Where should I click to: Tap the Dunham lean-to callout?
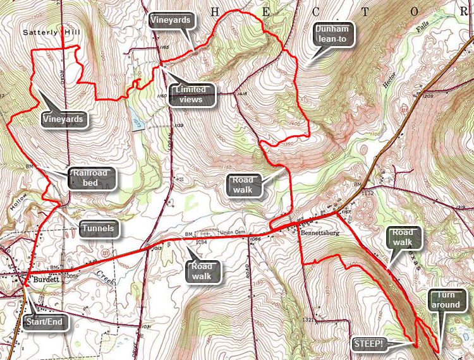pyautogui.click(x=334, y=35)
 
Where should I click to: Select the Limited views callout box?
pyautogui.click(x=193, y=95)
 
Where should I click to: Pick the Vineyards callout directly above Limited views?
pyautogui.click(x=171, y=20)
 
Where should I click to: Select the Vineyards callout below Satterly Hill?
pyautogui.click(x=63, y=118)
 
